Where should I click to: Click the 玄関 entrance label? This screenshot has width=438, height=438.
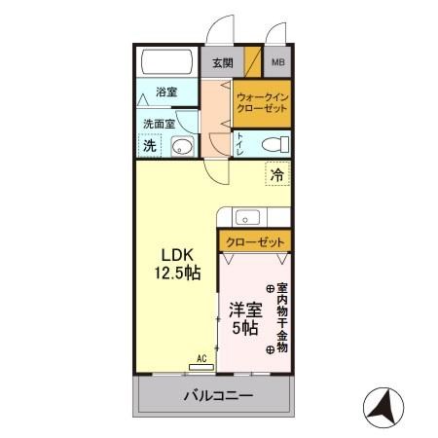click(x=222, y=63)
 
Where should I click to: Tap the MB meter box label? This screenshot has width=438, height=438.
click(x=278, y=63)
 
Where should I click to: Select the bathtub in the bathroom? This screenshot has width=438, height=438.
click(x=167, y=62)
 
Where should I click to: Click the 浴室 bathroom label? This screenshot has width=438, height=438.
click(x=166, y=93)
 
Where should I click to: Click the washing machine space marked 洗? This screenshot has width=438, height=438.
click(x=150, y=146)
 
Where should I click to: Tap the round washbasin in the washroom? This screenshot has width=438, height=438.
click(x=182, y=147)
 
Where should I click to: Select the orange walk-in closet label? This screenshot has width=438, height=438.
click(x=262, y=103)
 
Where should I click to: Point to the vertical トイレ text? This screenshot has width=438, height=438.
click(x=239, y=144)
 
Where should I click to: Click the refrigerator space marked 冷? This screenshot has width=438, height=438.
click(x=277, y=176)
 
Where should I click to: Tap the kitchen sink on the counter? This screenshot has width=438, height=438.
click(x=247, y=216)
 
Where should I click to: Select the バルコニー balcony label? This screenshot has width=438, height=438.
click(x=218, y=397)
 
